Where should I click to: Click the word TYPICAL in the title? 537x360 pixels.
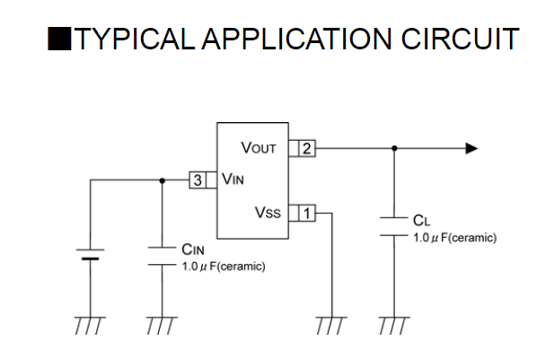(135, 39)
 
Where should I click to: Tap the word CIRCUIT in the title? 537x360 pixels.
(461, 39)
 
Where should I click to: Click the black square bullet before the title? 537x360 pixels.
(59, 39)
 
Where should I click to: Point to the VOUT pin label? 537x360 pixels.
(259, 148)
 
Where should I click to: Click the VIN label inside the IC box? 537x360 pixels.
(233, 180)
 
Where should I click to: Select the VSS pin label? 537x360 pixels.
(268, 213)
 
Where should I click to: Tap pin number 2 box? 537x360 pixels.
(307, 149)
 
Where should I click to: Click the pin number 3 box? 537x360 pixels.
(198, 180)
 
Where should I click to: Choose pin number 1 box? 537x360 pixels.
(307, 213)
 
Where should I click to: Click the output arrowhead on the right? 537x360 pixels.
(472, 148)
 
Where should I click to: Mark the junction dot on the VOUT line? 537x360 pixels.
(394, 148)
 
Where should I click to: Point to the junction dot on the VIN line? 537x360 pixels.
(163, 180)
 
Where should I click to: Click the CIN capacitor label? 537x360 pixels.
(193, 250)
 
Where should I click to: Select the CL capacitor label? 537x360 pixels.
(421, 221)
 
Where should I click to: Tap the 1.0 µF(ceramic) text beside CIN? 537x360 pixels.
(224, 267)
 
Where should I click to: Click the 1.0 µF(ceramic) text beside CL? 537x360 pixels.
(454, 238)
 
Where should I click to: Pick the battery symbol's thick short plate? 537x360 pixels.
(91, 259)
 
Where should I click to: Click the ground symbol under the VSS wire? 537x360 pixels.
(331, 325)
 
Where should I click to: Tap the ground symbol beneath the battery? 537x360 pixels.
(91, 325)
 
